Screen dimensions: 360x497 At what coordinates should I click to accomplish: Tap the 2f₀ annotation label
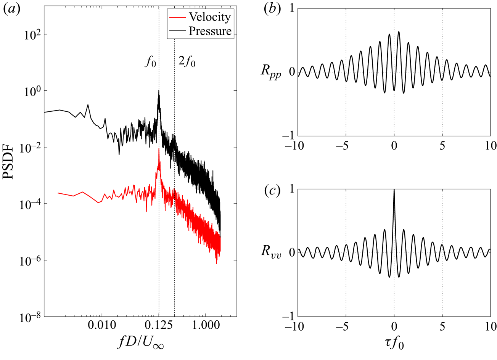[x=187, y=62]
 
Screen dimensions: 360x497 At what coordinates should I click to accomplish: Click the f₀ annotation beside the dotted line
[x=150, y=62]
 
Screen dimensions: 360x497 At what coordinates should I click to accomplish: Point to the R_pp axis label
[x=271, y=73]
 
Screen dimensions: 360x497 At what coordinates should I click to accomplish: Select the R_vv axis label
[x=271, y=254]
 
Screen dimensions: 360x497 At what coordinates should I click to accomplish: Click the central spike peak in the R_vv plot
[x=394, y=190]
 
